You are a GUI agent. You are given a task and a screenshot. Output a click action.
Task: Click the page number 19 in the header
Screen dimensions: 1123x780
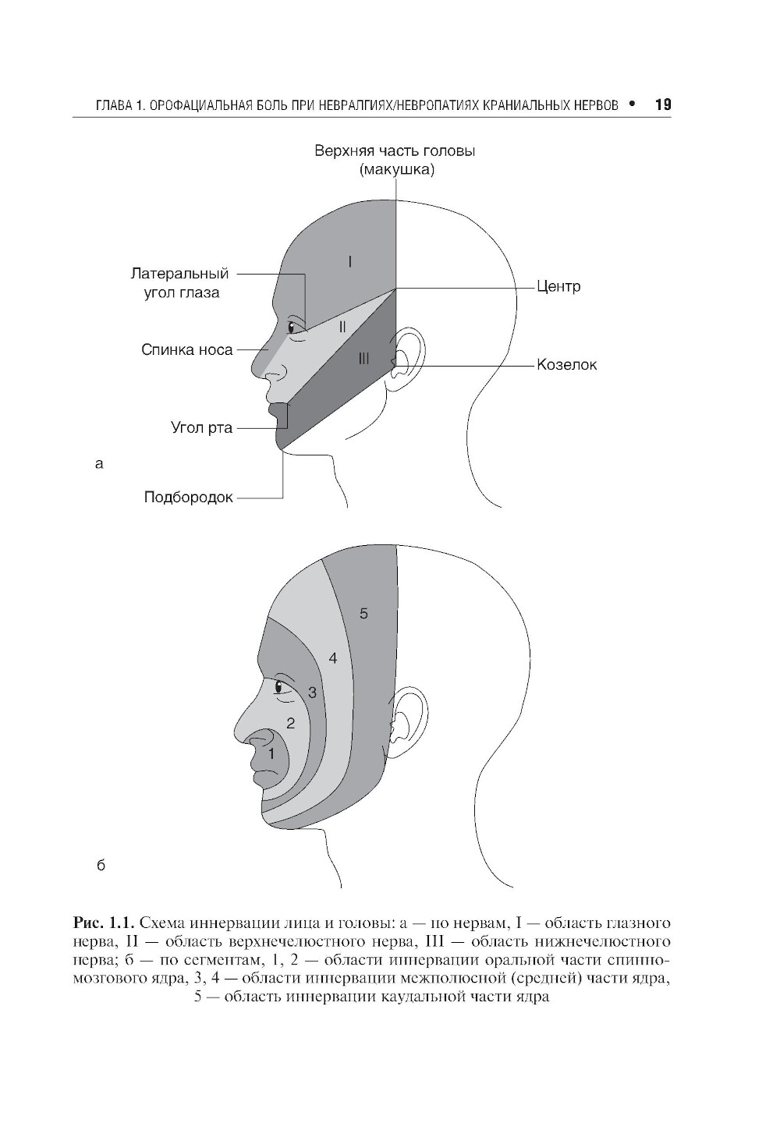(x=663, y=105)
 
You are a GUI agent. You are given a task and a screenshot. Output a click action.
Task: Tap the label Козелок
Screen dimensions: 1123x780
(x=566, y=364)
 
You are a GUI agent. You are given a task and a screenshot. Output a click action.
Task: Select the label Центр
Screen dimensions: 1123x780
(x=558, y=286)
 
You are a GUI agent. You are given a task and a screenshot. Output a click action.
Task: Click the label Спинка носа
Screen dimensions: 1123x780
(x=187, y=350)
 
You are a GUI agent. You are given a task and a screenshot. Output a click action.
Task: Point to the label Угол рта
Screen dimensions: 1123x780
(x=201, y=427)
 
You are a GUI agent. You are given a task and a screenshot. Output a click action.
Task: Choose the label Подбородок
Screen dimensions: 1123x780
(x=189, y=497)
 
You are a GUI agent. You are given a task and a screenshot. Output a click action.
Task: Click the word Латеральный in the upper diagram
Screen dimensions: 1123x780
(x=179, y=274)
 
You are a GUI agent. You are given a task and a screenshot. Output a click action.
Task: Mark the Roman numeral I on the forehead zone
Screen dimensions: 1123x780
(x=350, y=262)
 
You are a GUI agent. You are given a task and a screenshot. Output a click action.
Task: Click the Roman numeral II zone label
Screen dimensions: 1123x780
(x=342, y=328)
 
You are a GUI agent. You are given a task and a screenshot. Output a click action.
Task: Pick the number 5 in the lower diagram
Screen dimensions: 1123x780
(x=363, y=614)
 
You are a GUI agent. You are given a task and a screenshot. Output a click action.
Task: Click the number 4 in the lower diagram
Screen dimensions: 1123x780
(x=333, y=659)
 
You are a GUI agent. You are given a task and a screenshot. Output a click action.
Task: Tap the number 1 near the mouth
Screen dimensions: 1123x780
(x=271, y=754)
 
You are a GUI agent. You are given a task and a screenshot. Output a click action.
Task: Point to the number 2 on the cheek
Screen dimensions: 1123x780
(x=291, y=723)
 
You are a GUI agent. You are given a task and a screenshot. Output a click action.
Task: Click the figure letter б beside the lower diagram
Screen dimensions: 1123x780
(x=100, y=866)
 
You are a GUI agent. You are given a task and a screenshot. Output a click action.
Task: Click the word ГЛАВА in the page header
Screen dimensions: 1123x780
(x=112, y=105)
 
